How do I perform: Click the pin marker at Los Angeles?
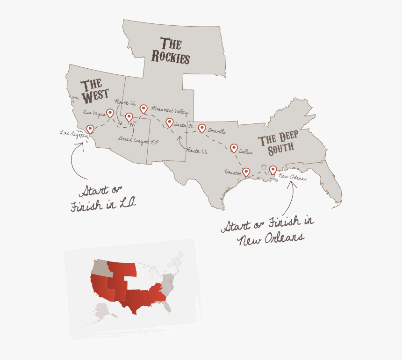pos(90,129)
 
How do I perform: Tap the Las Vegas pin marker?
pos(110,113)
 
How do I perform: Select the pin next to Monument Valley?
pos(144,108)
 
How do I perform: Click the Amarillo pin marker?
pos(202,128)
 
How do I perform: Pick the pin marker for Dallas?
pos(234,148)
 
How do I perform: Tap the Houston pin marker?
pos(246,172)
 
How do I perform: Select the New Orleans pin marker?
pos(273,169)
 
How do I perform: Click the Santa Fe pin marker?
pos(169,122)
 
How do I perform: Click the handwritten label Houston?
pos(233,172)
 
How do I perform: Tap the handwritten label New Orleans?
pos(293,177)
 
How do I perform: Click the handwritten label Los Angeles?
pos(73,133)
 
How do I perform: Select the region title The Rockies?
pos(171,50)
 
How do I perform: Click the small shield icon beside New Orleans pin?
pos(264,167)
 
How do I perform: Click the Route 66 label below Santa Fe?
pos(196,151)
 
